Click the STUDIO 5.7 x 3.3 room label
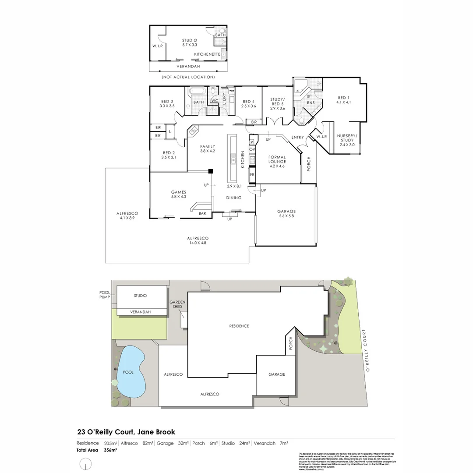pyautogui.click(x=190, y=42)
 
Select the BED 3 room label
pyautogui.click(x=167, y=104)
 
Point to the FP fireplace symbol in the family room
pyautogui.click(x=193, y=131)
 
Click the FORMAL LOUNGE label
pyautogui.click(x=277, y=159)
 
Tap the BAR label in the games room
pyautogui.click(x=202, y=214)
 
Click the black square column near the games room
pyautogui.click(x=211, y=171)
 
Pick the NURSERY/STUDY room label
pyautogui.click(x=347, y=140)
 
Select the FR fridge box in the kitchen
pyautogui.click(x=252, y=174)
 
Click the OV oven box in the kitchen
pyautogui.click(x=252, y=149)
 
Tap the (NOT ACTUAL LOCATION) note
pyautogui.click(x=188, y=77)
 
